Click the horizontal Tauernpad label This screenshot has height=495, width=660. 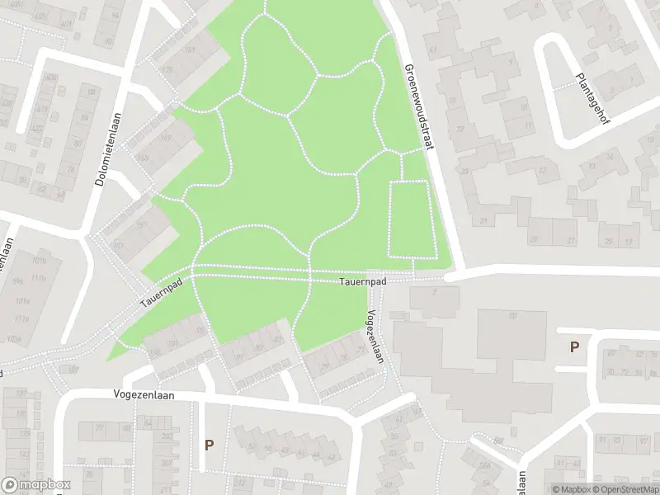[x=362, y=282]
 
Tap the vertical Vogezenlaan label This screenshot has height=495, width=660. [x=375, y=336]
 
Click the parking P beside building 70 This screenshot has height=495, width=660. [x=573, y=347]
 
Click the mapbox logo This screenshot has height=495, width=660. [x=37, y=485]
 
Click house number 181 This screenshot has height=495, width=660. [x=191, y=51]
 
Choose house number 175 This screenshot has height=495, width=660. [x=170, y=72]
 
